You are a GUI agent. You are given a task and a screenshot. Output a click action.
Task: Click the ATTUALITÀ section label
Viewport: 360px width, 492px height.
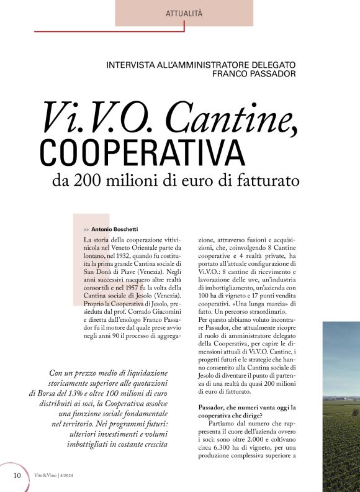(x=184, y=13)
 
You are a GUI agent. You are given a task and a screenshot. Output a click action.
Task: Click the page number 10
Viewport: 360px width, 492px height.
(x=17, y=475)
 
